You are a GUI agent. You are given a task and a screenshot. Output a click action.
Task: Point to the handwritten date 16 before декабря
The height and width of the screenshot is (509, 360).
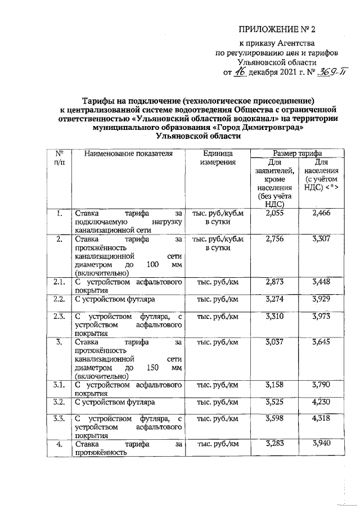(240, 73)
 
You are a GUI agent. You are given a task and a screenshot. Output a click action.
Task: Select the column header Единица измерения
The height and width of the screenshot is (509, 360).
(218, 158)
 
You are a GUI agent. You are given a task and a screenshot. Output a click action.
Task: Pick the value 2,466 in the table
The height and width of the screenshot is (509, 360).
(321, 213)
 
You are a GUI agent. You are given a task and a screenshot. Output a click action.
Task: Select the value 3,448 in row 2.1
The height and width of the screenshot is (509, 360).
(321, 281)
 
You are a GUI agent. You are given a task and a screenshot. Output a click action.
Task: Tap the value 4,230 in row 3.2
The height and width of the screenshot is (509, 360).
(321, 403)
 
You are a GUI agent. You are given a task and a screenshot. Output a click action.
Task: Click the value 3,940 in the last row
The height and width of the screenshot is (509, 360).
(321, 445)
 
